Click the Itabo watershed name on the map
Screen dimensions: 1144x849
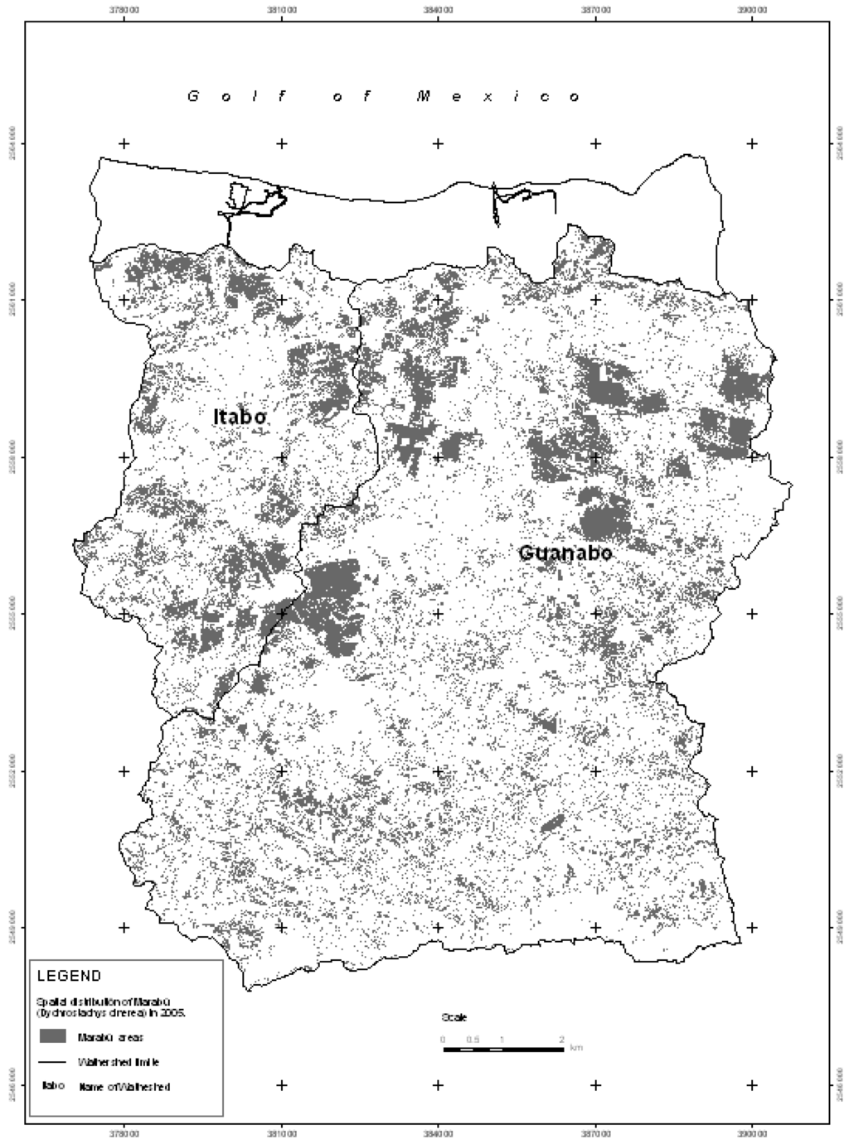pyautogui.click(x=240, y=416)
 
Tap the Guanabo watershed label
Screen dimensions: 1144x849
pyautogui.click(x=565, y=553)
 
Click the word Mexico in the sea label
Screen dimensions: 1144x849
pyautogui.click(x=498, y=97)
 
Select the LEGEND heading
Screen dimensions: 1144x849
pyautogui.click(x=70, y=976)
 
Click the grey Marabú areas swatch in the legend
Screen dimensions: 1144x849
pyautogui.click(x=51, y=1035)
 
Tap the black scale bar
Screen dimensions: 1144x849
pyautogui.click(x=502, y=1050)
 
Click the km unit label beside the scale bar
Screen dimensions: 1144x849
pyautogui.click(x=576, y=1048)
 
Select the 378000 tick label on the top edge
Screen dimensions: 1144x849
pyautogui.click(x=124, y=11)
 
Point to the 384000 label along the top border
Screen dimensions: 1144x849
pyautogui.click(x=438, y=11)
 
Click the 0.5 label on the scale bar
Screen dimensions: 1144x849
pyautogui.click(x=472, y=1039)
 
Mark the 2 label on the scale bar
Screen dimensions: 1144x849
pyautogui.click(x=561, y=1039)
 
